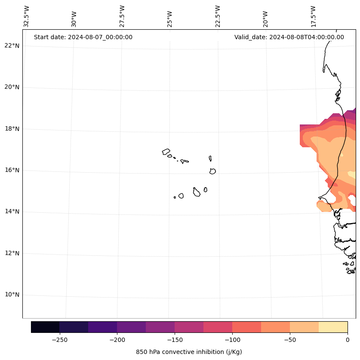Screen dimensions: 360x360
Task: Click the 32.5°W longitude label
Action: [x=27, y=16]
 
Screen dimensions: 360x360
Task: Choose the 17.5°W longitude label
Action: [x=313, y=16]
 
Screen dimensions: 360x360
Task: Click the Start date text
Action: [x=83, y=37]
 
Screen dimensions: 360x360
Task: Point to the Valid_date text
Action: [x=289, y=37]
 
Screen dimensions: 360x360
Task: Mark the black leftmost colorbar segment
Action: [x=45, y=327]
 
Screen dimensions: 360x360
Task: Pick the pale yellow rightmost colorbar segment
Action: [x=333, y=327]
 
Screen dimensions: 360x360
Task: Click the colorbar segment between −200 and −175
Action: [x=131, y=327]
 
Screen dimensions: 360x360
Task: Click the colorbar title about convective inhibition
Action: [x=189, y=352]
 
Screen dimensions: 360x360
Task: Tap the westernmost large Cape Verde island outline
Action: [x=166, y=152]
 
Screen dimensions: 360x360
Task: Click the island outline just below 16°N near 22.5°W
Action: [x=212, y=171]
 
